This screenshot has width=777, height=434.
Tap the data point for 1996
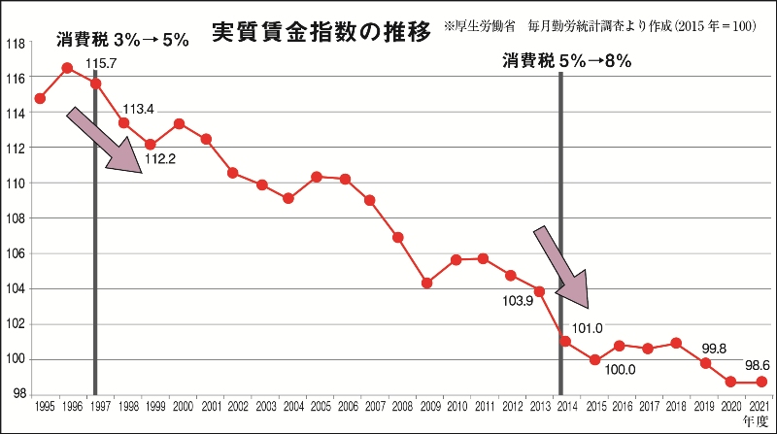[x=67, y=67]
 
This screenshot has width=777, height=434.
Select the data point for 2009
[x=426, y=283]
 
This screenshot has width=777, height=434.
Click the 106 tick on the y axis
[x=16, y=253]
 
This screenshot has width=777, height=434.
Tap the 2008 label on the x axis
[x=399, y=404]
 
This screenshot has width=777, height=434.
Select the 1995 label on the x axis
[x=41, y=404]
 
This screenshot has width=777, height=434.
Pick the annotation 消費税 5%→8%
[x=567, y=61]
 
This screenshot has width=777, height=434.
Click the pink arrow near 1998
[x=106, y=142]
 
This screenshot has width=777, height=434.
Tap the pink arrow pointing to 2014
[x=562, y=267]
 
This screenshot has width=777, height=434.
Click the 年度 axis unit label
[x=754, y=420]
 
